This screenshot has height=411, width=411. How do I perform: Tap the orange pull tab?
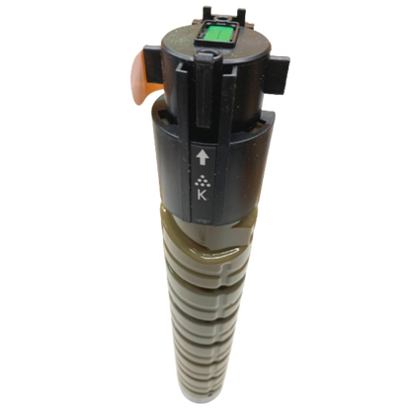point(142,76)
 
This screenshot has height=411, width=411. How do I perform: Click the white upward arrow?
point(203,158)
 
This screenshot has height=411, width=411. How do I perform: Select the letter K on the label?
point(202,195)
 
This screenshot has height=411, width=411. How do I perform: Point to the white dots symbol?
point(203,180)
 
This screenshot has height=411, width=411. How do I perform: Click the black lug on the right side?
point(278,73)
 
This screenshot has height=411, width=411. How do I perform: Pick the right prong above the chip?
point(241,15)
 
